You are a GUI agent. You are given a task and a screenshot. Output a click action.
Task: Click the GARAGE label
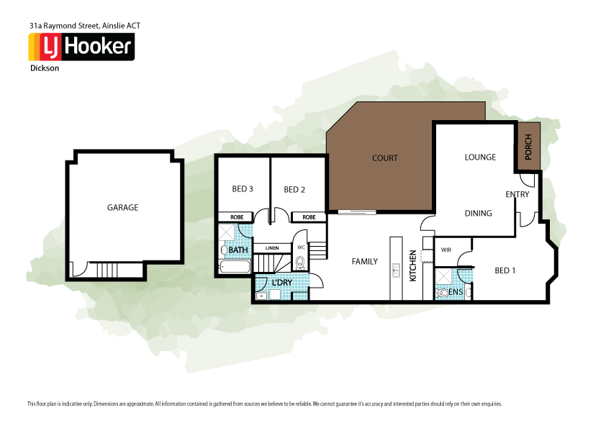pos(122,207)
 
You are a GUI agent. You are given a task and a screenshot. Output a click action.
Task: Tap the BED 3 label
pos(243,189)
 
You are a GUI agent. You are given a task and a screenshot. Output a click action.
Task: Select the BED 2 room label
pos(294,190)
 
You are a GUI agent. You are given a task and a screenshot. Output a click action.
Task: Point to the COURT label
pos(385,158)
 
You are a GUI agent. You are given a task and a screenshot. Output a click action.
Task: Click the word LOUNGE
pos(480,157)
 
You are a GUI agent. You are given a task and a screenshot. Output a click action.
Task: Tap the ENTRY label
pos(517,194)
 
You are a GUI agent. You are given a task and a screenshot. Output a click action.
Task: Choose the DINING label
pos(478,213)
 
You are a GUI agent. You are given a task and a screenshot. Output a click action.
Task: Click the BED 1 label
pos(506,270)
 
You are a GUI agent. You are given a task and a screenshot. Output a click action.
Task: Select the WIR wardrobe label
pos(446,250)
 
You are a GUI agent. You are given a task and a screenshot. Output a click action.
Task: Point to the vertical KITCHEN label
pos(412,265)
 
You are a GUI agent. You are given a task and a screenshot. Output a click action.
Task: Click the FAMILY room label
pos(364,261)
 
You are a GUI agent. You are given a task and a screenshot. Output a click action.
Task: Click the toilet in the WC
pos(300,263)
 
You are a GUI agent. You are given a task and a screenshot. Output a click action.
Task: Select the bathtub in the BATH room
pos(233,268)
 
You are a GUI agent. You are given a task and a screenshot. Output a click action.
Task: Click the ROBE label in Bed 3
pos(236,217)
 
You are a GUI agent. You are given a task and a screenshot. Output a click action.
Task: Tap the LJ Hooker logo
pos(81,47)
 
